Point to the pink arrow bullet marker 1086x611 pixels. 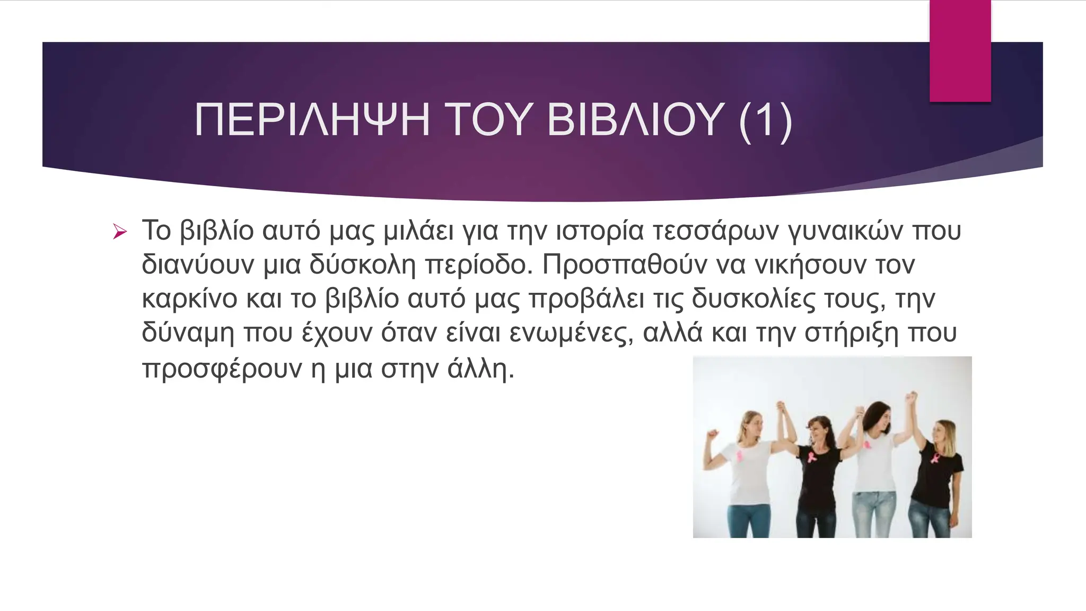click(120, 232)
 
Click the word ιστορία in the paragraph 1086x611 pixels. click(599, 231)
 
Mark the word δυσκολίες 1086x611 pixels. click(753, 299)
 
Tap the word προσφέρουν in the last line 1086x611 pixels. click(222, 369)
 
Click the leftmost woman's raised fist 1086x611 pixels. click(712, 434)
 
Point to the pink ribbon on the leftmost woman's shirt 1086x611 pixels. click(740, 455)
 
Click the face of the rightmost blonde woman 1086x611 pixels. click(942, 434)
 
